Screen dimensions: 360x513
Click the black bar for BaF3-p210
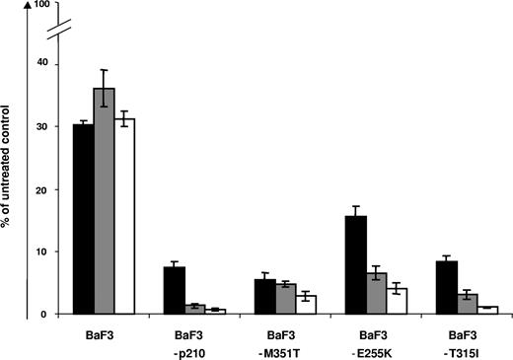point(175,291)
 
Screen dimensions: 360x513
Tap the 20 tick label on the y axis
point(41,189)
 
